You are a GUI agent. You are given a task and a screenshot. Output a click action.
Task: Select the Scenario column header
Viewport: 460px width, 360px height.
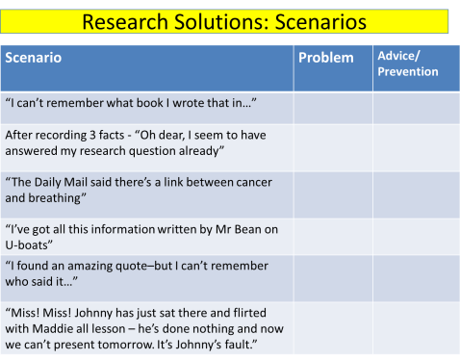coord(34,58)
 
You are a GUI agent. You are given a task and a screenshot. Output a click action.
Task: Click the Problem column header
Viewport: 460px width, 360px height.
coord(325,58)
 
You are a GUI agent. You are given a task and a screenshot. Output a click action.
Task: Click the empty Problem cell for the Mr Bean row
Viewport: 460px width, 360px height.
coord(333,236)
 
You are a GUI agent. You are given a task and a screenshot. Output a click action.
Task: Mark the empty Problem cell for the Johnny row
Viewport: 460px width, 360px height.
coord(333,327)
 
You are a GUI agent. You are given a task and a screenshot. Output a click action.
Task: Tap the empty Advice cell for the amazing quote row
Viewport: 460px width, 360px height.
coord(415,275)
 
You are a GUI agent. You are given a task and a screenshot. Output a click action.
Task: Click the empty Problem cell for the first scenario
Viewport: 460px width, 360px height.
coord(333,108)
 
